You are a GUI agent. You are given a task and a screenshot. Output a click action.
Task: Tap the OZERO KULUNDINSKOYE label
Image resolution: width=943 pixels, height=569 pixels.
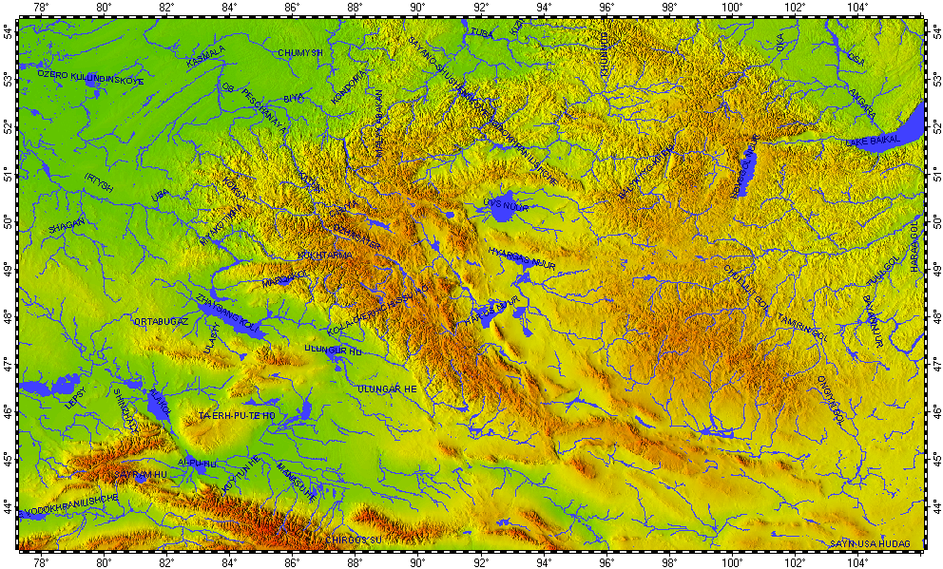(x=89, y=77)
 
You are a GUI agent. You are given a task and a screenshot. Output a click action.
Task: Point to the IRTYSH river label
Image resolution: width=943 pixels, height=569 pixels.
(x=99, y=182)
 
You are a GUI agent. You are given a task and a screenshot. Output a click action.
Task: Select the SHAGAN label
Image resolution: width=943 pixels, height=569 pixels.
(x=67, y=226)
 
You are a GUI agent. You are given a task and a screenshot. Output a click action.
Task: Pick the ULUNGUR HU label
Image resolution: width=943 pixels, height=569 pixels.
(x=333, y=350)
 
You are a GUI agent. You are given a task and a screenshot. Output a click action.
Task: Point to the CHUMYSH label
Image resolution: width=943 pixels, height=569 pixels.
(x=301, y=52)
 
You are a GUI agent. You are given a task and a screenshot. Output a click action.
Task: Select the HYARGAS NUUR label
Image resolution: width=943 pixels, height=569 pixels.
(x=520, y=257)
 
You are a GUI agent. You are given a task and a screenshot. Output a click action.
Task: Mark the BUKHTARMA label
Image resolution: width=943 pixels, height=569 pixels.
(x=326, y=255)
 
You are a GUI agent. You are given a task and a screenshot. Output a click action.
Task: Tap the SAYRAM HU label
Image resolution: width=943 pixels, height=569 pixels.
(x=139, y=472)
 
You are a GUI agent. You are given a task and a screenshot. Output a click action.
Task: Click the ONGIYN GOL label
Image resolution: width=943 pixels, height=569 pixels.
(x=830, y=395)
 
